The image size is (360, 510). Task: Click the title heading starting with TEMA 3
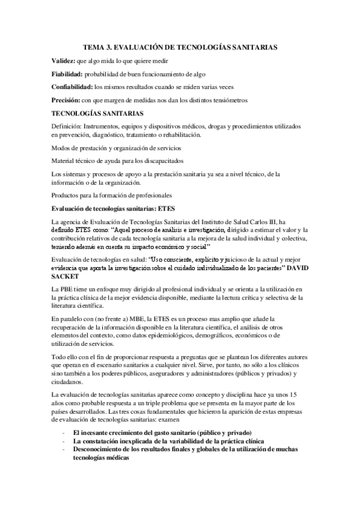pos(180,46)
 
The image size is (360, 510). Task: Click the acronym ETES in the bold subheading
pos(163,209)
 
